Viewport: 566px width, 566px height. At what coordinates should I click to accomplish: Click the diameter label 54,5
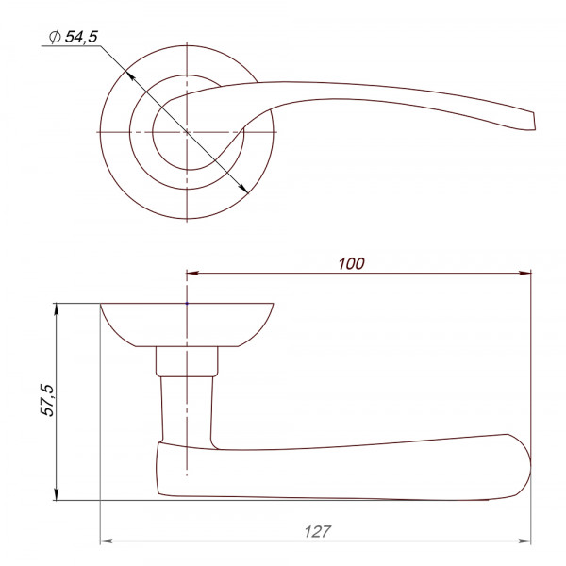(81, 37)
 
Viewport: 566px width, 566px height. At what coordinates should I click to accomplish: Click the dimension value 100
(351, 264)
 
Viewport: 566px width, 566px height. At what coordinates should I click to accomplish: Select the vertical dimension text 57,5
(47, 400)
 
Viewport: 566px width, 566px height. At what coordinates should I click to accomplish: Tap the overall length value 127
(317, 532)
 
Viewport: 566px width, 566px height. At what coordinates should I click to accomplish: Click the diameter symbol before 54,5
(55, 37)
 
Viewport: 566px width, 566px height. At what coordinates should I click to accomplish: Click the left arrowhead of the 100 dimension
(193, 273)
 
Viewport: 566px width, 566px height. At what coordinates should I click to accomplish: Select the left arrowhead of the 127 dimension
(107, 541)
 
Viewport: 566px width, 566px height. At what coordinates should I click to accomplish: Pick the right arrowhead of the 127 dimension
(524, 541)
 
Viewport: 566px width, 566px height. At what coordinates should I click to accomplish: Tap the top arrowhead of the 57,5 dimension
(56, 310)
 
